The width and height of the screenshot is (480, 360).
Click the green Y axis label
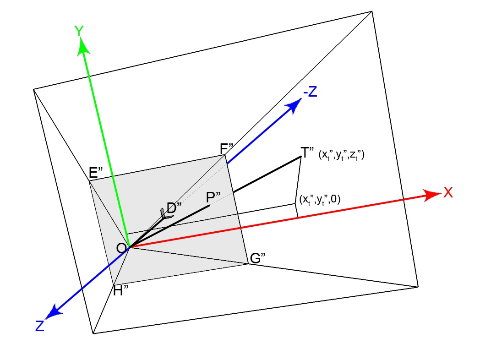[79, 31]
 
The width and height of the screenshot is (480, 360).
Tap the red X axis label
[448, 193]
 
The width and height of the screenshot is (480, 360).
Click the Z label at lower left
[39, 326]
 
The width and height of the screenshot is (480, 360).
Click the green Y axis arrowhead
[83, 46]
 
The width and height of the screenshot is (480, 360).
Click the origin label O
[121, 248]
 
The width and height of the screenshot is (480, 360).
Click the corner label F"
[227, 148]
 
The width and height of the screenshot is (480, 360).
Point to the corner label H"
[121, 291]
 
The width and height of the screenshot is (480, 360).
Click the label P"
[213, 197]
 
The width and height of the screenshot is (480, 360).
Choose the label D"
[174, 208]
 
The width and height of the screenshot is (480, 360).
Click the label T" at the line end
[306, 152]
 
